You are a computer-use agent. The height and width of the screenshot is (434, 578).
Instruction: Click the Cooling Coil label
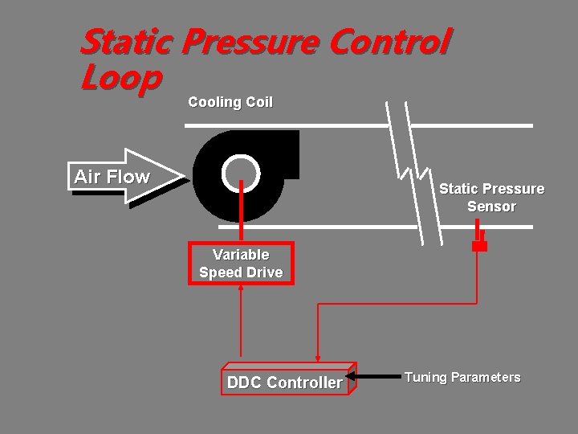(230, 102)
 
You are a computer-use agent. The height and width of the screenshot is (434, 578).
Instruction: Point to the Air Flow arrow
(120, 177)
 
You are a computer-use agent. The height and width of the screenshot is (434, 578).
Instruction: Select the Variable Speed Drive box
(241, 264)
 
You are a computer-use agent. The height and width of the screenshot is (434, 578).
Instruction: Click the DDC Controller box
(285, 383)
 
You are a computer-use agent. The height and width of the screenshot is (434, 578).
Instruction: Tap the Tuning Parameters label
(462, 377)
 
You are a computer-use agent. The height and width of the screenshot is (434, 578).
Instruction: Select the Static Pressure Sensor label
(491, 198)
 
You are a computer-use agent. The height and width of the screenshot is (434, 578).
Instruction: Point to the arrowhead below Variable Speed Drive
(242, 289)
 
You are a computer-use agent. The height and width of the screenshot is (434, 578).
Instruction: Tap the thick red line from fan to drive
(242, 213)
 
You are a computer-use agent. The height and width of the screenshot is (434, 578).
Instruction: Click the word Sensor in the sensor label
(491, 207)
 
